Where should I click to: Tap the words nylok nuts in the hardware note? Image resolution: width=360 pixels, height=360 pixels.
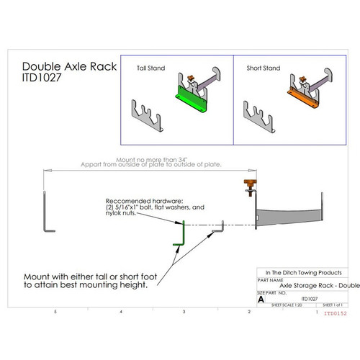click(120, 213)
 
